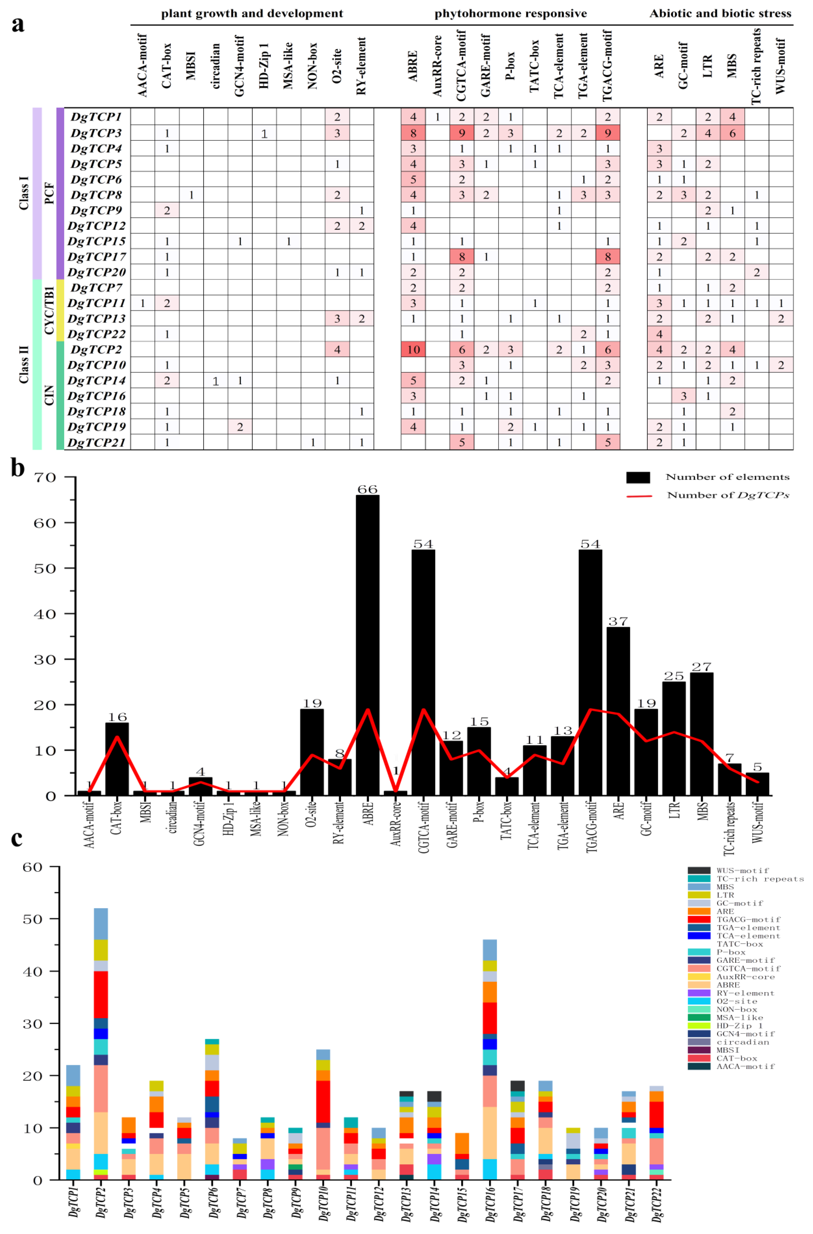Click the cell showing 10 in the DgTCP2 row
coord(413,349)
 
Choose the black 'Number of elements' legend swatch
coord(638,477)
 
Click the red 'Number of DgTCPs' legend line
coord(639,496)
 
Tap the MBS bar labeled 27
coord(702,734)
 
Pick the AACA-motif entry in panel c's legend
coord(745,1066)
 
